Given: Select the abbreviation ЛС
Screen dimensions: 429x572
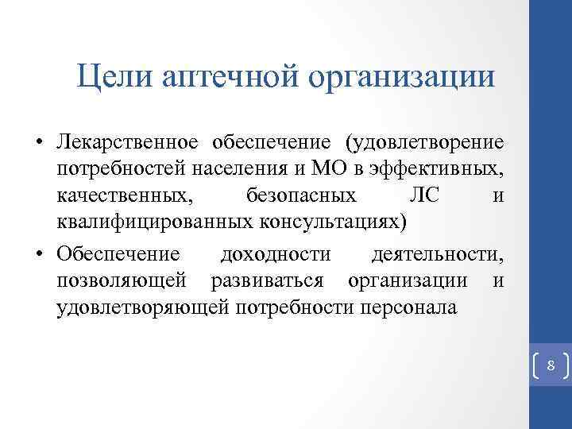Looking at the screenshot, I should [x=424, y=195].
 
